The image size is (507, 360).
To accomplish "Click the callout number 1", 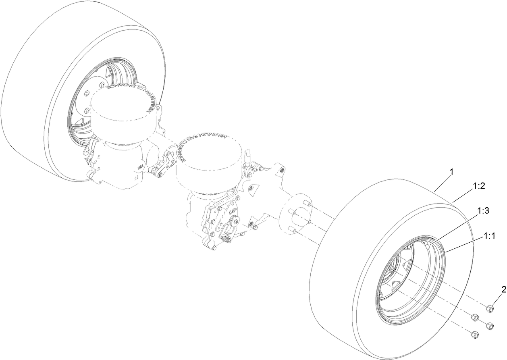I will [451, 172].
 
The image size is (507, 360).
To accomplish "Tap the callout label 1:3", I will [484, 210].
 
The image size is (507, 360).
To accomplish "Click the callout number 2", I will [503, 289].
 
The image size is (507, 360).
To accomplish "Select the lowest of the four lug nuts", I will [474, 334].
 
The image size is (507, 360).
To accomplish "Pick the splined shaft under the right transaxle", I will [226, 241].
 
